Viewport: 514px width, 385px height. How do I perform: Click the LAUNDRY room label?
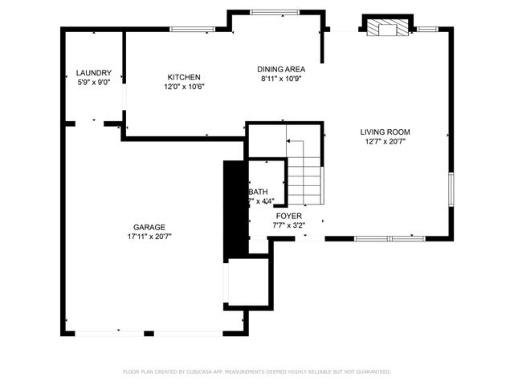(94, 73)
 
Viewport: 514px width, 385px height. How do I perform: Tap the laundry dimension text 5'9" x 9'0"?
(94, 82)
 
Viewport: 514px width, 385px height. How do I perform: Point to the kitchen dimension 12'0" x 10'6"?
(184, 87)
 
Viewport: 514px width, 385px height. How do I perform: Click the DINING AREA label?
(281, 70)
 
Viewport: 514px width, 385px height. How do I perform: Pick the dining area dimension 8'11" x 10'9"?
(281, 79)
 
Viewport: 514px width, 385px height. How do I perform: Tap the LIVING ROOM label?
(385, 132)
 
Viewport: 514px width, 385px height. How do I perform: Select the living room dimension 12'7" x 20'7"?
(385, 142)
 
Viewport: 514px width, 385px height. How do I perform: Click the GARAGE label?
(149, 227)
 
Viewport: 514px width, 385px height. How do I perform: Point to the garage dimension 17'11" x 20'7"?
(149, 237)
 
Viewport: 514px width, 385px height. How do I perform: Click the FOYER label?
(289, 216)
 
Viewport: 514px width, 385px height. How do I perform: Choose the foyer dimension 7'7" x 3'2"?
(289, 225)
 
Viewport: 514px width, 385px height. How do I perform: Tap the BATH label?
(259, 192)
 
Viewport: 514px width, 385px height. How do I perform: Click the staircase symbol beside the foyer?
(305, 172)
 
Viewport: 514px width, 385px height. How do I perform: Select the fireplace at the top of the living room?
(389, 28)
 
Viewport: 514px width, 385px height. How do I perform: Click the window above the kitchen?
(193, 30)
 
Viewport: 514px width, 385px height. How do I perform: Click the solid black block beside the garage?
(233, 209)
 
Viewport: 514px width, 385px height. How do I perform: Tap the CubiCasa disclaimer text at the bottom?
(257, 371)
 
